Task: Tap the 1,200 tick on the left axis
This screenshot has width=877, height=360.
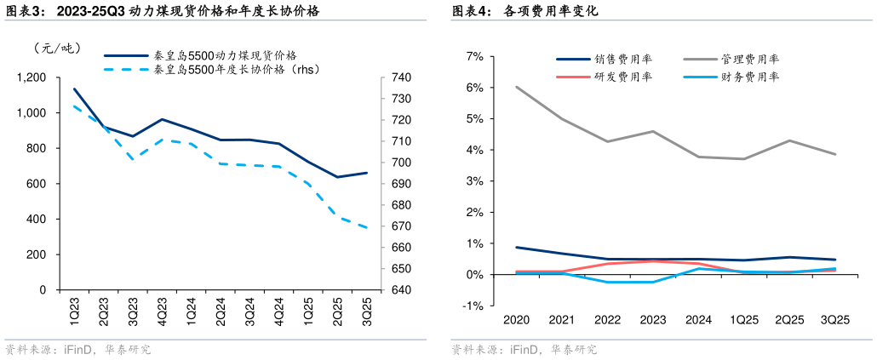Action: click(x=32, y=77)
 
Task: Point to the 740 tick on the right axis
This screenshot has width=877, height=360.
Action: click(x=401, y=77)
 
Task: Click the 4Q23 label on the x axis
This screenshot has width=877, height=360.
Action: click(x=162, y=307)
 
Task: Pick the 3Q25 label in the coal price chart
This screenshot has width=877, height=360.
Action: click(x=366, y=307)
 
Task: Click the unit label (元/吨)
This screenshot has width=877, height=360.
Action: click(x=57, y=48)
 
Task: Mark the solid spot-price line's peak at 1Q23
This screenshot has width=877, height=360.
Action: click(x=74, y=89)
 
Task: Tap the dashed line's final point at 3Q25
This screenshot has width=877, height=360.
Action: click(x=367, y=227)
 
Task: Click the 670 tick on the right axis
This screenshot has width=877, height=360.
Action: click(x=401, y=226)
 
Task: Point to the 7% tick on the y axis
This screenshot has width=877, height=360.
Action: click(x=474, y=56)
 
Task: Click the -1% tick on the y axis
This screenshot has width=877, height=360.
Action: click(x=473, y=306)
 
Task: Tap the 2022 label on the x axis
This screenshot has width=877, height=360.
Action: click(x=608, y=320)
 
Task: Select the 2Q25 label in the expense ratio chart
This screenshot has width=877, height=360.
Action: click(x=789, y=320)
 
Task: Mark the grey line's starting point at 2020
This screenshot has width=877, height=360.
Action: click(x=517, y=87)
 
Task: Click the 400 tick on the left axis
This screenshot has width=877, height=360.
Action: click(x=35, y=219)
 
